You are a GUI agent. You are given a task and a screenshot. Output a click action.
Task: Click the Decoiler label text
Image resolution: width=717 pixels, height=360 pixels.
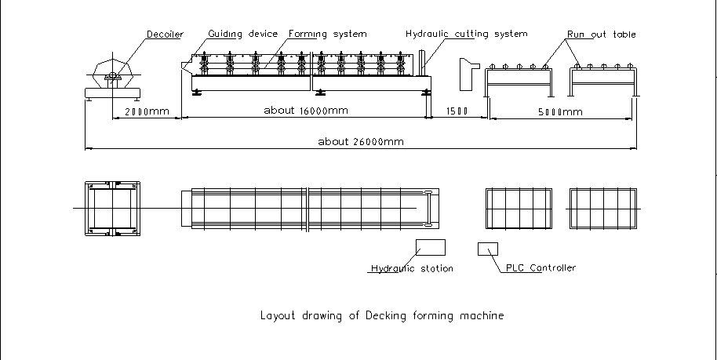165,35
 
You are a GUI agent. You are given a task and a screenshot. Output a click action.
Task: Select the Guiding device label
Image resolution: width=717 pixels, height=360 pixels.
242,35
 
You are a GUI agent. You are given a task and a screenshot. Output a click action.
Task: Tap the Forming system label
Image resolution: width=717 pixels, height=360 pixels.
327,35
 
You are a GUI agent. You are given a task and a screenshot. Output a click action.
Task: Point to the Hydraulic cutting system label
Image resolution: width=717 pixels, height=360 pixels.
466,35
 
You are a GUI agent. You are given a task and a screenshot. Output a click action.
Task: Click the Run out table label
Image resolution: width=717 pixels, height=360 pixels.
602,35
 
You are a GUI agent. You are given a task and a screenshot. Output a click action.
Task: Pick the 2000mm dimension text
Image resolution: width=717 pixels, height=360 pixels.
147,111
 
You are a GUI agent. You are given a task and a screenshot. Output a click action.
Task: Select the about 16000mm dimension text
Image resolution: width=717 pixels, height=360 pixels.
306,111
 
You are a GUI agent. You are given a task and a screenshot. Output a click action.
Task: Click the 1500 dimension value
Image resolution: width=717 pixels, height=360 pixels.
457,111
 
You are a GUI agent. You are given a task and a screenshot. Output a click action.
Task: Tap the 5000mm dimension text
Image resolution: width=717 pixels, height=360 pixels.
561,111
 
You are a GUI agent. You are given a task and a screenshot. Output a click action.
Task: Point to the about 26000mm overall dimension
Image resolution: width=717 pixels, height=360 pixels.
361,142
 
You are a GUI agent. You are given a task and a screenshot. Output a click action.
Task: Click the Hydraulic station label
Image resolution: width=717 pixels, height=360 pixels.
412,269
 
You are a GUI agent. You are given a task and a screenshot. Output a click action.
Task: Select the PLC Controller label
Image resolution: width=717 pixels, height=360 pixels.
541,268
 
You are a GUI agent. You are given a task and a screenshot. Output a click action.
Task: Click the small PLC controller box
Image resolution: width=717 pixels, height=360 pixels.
488,249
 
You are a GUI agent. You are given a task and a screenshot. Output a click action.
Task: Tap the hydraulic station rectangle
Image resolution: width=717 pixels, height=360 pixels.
431,247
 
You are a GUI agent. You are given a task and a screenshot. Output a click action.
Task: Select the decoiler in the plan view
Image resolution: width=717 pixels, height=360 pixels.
113,208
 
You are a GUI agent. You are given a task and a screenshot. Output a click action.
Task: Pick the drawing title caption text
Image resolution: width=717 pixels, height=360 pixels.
381,316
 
